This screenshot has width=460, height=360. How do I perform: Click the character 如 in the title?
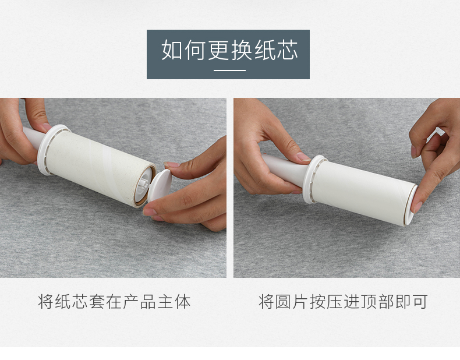[x=172, y=50]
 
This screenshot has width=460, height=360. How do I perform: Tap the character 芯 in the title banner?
[x=288, y=50]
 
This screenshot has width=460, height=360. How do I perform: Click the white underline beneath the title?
[x=229, y=70]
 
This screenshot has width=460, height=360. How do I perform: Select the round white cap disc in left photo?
[x=160, y=185]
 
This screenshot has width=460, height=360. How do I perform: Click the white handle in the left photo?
[x=32, y=138]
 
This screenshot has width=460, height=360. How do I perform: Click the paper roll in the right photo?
[x=364, y=189]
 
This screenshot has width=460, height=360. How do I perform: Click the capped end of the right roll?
[x=411, y=206]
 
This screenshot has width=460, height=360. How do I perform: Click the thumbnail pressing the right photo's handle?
[x=303, y=157]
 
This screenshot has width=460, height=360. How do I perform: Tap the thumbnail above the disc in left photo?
[x=172, y=164]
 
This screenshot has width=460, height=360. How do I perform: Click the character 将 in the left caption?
[x=46, y=301]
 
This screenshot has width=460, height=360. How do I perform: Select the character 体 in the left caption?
[x=182, y=301]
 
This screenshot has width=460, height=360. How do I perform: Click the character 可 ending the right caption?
[x=419, y=301]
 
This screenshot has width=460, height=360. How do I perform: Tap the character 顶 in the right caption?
[x=369, y=301]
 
